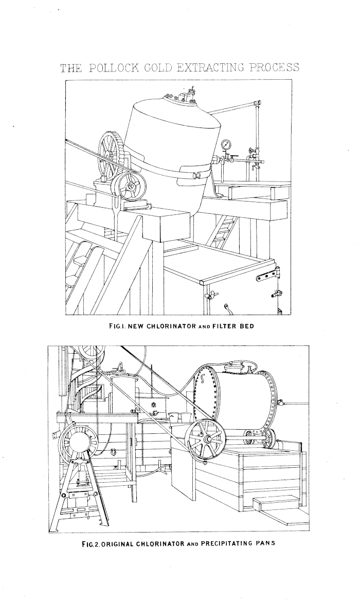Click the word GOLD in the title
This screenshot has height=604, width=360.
point(157,68)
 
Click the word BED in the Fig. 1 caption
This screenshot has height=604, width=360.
point(247,326)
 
